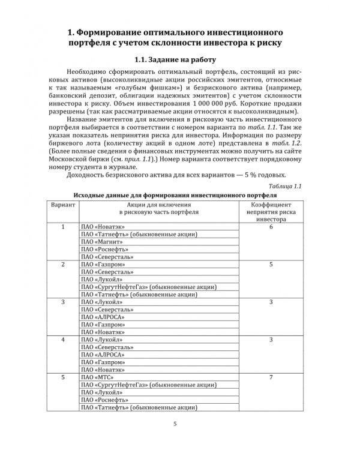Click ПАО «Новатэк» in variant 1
pos(99,226)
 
